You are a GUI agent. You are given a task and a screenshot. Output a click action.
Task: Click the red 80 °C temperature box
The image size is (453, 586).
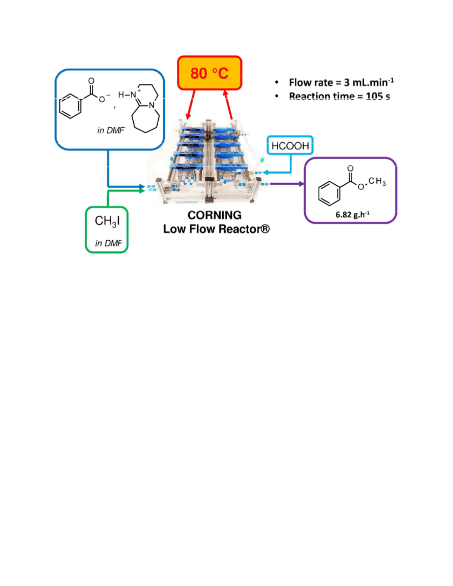point(210,73)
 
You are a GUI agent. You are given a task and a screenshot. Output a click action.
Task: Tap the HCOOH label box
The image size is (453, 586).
point(290,145)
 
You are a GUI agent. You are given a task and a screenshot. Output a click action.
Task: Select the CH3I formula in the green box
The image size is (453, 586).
point(107,221)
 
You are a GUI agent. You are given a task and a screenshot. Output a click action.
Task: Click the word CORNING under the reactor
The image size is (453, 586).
point(214,215)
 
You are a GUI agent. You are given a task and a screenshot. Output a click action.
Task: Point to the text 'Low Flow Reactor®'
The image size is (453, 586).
point(216,229)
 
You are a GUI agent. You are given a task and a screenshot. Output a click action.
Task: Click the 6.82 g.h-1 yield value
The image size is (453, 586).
point(353,215)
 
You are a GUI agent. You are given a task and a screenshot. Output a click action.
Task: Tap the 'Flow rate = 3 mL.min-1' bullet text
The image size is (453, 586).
point(341,82)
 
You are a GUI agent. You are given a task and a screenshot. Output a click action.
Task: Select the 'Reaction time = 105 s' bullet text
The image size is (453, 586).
point(339,97)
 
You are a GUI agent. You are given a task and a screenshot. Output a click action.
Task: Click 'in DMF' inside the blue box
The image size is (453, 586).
point(110,130)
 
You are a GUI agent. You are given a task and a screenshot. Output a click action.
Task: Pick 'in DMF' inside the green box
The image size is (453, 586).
point(108,243)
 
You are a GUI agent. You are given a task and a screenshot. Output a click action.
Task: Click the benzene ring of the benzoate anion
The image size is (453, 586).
point(71,106)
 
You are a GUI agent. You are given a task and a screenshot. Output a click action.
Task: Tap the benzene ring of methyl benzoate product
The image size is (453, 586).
point(329,193)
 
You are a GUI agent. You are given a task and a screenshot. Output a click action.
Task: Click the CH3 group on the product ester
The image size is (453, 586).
point(377,181)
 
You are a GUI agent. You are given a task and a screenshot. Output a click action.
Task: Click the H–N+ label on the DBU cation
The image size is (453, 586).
point(129,94)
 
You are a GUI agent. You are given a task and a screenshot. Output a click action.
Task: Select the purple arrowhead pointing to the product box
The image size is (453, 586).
point(301,184)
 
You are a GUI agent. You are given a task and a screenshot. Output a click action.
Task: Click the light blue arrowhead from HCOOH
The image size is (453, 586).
point(265,172)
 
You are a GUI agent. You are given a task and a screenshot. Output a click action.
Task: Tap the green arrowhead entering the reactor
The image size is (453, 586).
point(142,190)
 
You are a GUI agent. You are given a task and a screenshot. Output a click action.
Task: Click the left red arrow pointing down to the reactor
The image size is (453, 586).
point(190,105)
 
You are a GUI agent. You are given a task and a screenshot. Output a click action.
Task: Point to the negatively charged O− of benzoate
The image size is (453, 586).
point(103,99)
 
